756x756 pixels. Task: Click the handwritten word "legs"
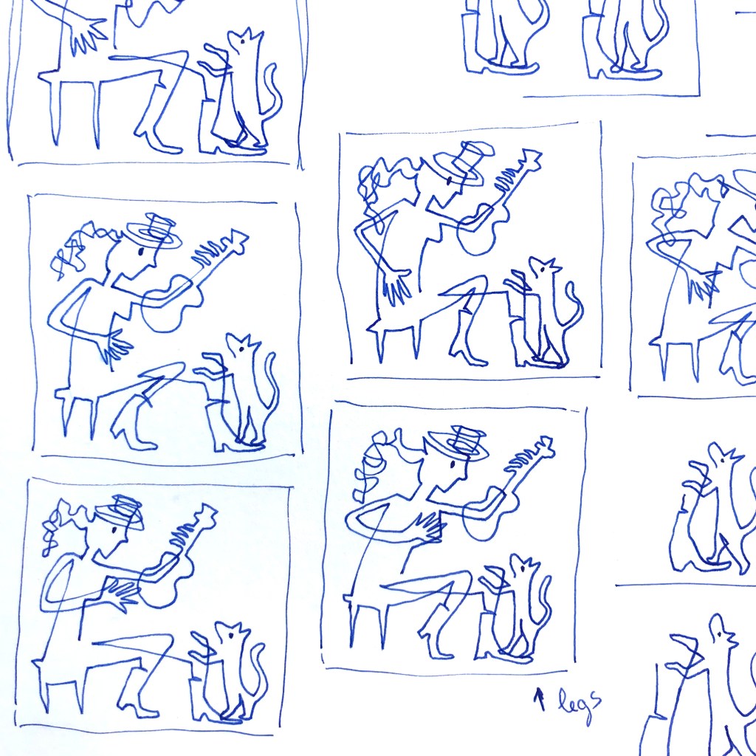580,704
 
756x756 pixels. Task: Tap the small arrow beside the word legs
540,698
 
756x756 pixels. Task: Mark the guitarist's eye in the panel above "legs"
453,464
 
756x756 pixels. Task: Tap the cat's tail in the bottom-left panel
258,675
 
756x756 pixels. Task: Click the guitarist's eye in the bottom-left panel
114,530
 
